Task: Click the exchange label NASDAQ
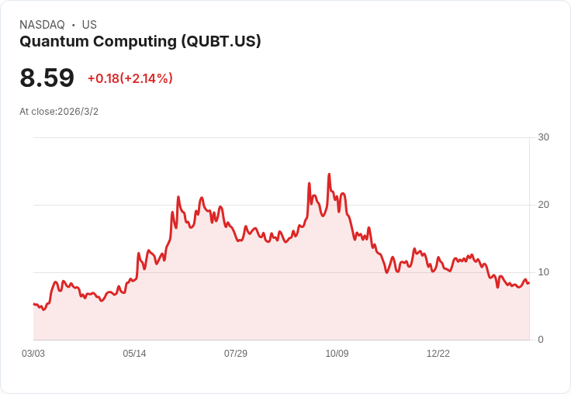(42, 25)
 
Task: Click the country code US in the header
(89, 25)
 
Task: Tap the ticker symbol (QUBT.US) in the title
(220, 42)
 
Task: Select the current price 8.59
(47, 78)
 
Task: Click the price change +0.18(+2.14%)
(130, 78)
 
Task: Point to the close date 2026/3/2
(78, 112)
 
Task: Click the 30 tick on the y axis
(543, 137)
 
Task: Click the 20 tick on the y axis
(543, 205)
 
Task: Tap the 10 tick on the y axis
(543, 272)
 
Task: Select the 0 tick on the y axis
(541, 340)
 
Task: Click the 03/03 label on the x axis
(33, 354)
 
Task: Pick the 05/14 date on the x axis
(134, 354)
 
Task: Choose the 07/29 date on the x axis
(236, 354)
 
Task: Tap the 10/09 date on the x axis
(337, 354)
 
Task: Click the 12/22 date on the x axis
(438, 354)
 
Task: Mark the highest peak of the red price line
(329, 175)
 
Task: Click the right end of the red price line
(529, 282)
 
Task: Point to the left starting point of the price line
(33, 304)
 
